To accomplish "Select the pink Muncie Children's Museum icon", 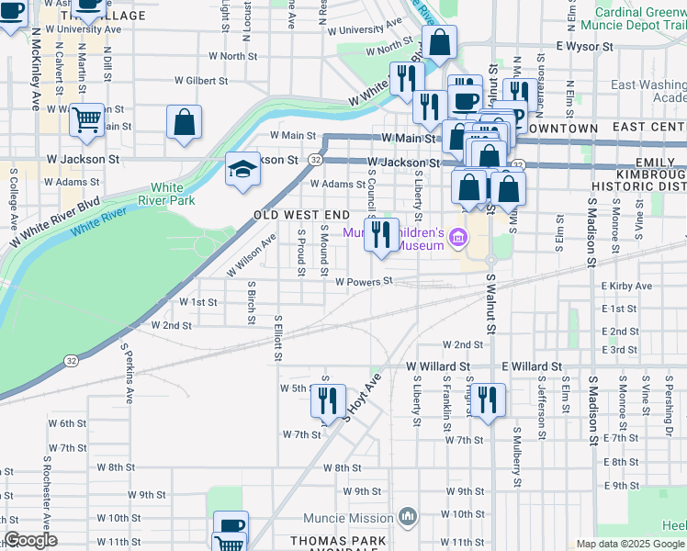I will click(x=458, y=242).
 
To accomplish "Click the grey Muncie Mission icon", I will click(x=409, y=517).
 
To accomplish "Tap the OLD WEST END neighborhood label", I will click(x=302, y=215).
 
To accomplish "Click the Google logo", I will click(x=30, y=541).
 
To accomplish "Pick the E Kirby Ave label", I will click(x=626, y=287).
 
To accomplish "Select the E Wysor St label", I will click(x=583, y=45).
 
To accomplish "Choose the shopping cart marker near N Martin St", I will click(x=87, y=120).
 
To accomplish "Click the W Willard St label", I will click(x=438, y=365).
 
